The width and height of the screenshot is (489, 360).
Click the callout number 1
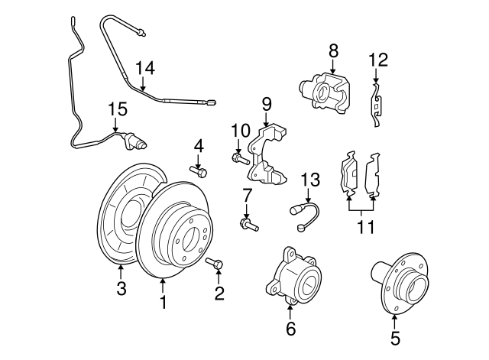point(163,303)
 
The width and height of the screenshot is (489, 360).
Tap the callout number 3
point(120,289)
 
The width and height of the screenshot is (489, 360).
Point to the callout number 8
point(333,50)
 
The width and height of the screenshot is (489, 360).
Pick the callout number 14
point(145,68)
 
